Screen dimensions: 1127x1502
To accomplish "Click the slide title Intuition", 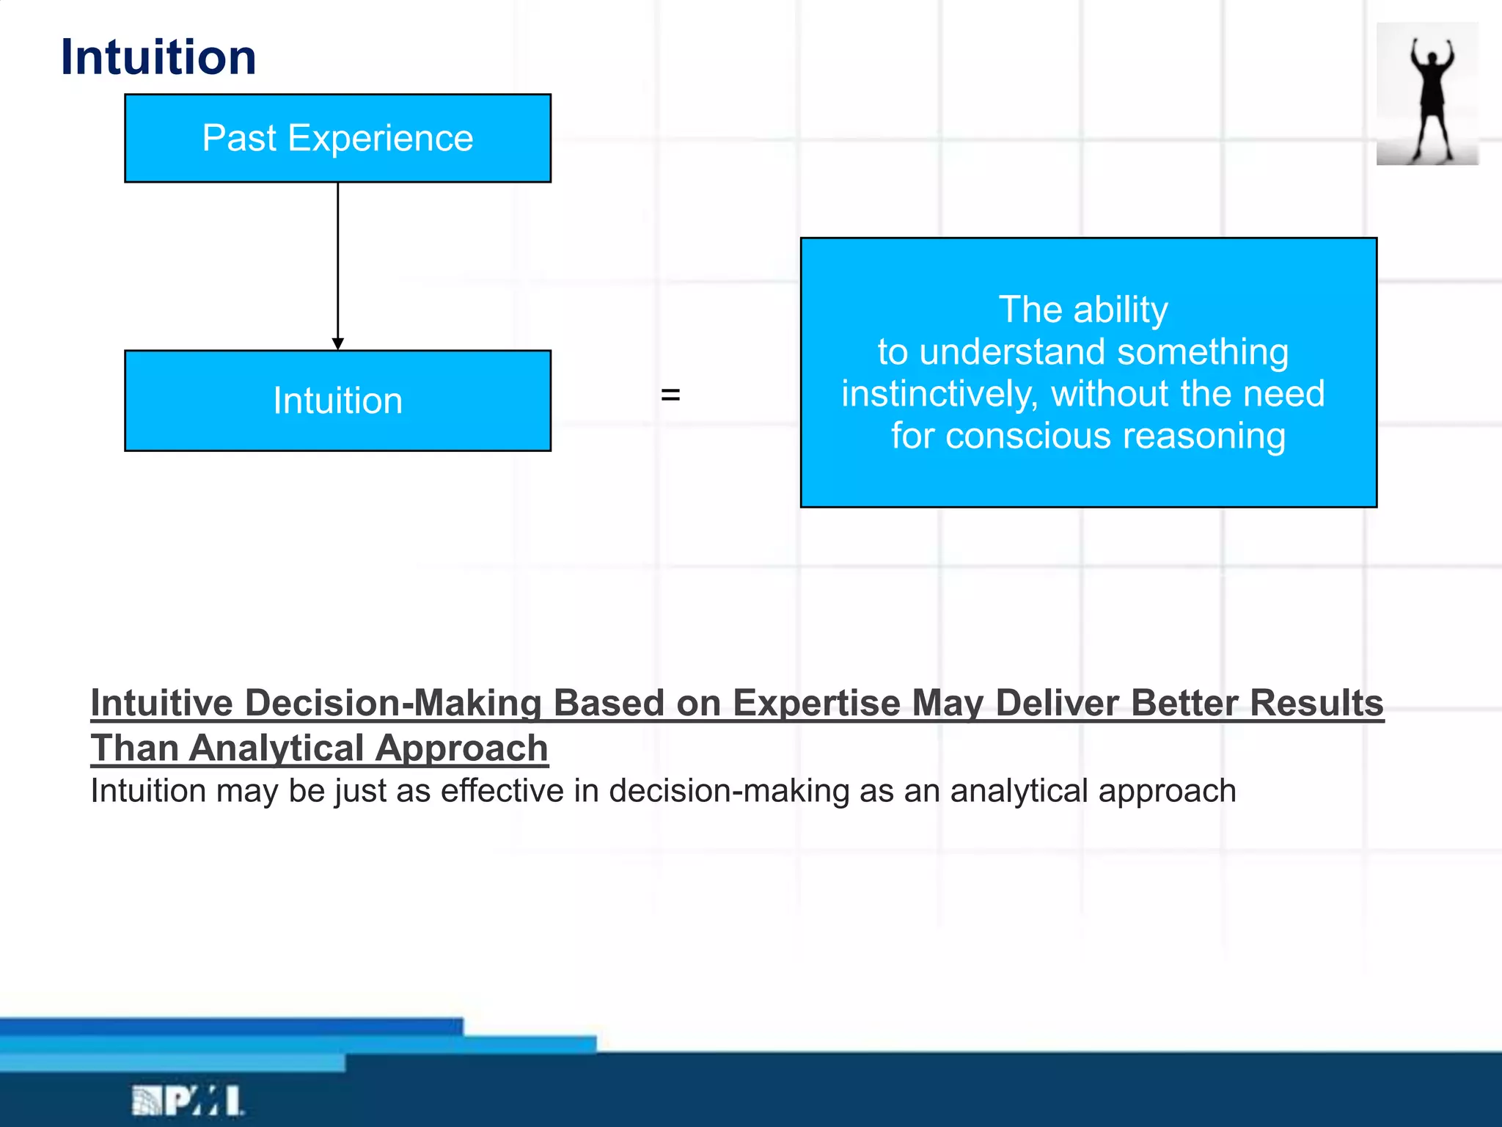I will pyautogui.click(x=158, y=57).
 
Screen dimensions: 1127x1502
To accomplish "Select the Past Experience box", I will pyautogui.click(x=337, y=138).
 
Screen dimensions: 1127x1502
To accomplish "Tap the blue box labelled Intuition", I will pyautogui.click(x=337, y=401).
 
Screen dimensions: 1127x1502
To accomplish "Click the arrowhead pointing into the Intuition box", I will pyautogui.click(x=338, y=343).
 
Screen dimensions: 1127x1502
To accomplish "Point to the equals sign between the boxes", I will pyautogui.click(x=670, y=395).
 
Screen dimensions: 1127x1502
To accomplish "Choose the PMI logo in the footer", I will pyautogui.click(x=188, y=1101).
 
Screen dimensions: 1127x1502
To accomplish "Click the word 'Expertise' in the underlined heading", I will pyautogui.click(x=816, y=703).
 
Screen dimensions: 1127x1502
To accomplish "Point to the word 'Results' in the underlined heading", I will pyautogui.click(x=1316, y=703).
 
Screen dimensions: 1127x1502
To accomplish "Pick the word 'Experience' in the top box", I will pyautogui.click(x=381, y=138).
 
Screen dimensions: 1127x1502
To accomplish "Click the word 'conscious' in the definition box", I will pyautogui.click(x=1028, y=436).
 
